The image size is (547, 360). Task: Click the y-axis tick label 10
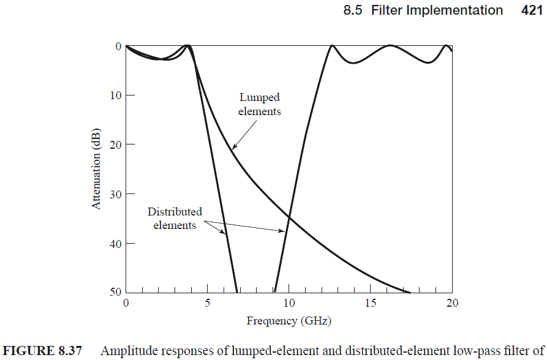coord(116,96)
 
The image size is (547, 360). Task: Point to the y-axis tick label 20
coord(116,144)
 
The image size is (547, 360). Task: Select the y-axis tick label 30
coord(116,194)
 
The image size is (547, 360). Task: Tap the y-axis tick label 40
coord(116,244)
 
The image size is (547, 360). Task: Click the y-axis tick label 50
coord(116,291)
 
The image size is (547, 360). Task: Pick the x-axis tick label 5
coord(208,303)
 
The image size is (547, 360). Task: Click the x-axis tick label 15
coord(371,303)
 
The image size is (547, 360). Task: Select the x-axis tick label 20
coord(452,303)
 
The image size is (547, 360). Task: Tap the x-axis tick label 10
coord(289,303)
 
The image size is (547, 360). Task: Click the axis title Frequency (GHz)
coord(289,321)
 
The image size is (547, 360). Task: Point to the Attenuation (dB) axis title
coord(96,169)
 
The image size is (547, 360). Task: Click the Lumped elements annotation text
coord(260,104)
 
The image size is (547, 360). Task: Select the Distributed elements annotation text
coord(175,219)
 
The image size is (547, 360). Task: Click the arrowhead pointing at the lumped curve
coord(234,146)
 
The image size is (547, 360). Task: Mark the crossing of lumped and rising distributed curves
coord(289,217)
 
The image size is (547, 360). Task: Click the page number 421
coord(532,10)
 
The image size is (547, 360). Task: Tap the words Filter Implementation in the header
coord(437,10)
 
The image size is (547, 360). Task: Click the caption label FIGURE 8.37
coord(42,351)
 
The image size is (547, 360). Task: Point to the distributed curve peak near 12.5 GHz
coord(332,46)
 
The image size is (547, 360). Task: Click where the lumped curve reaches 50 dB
coord(409,292)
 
